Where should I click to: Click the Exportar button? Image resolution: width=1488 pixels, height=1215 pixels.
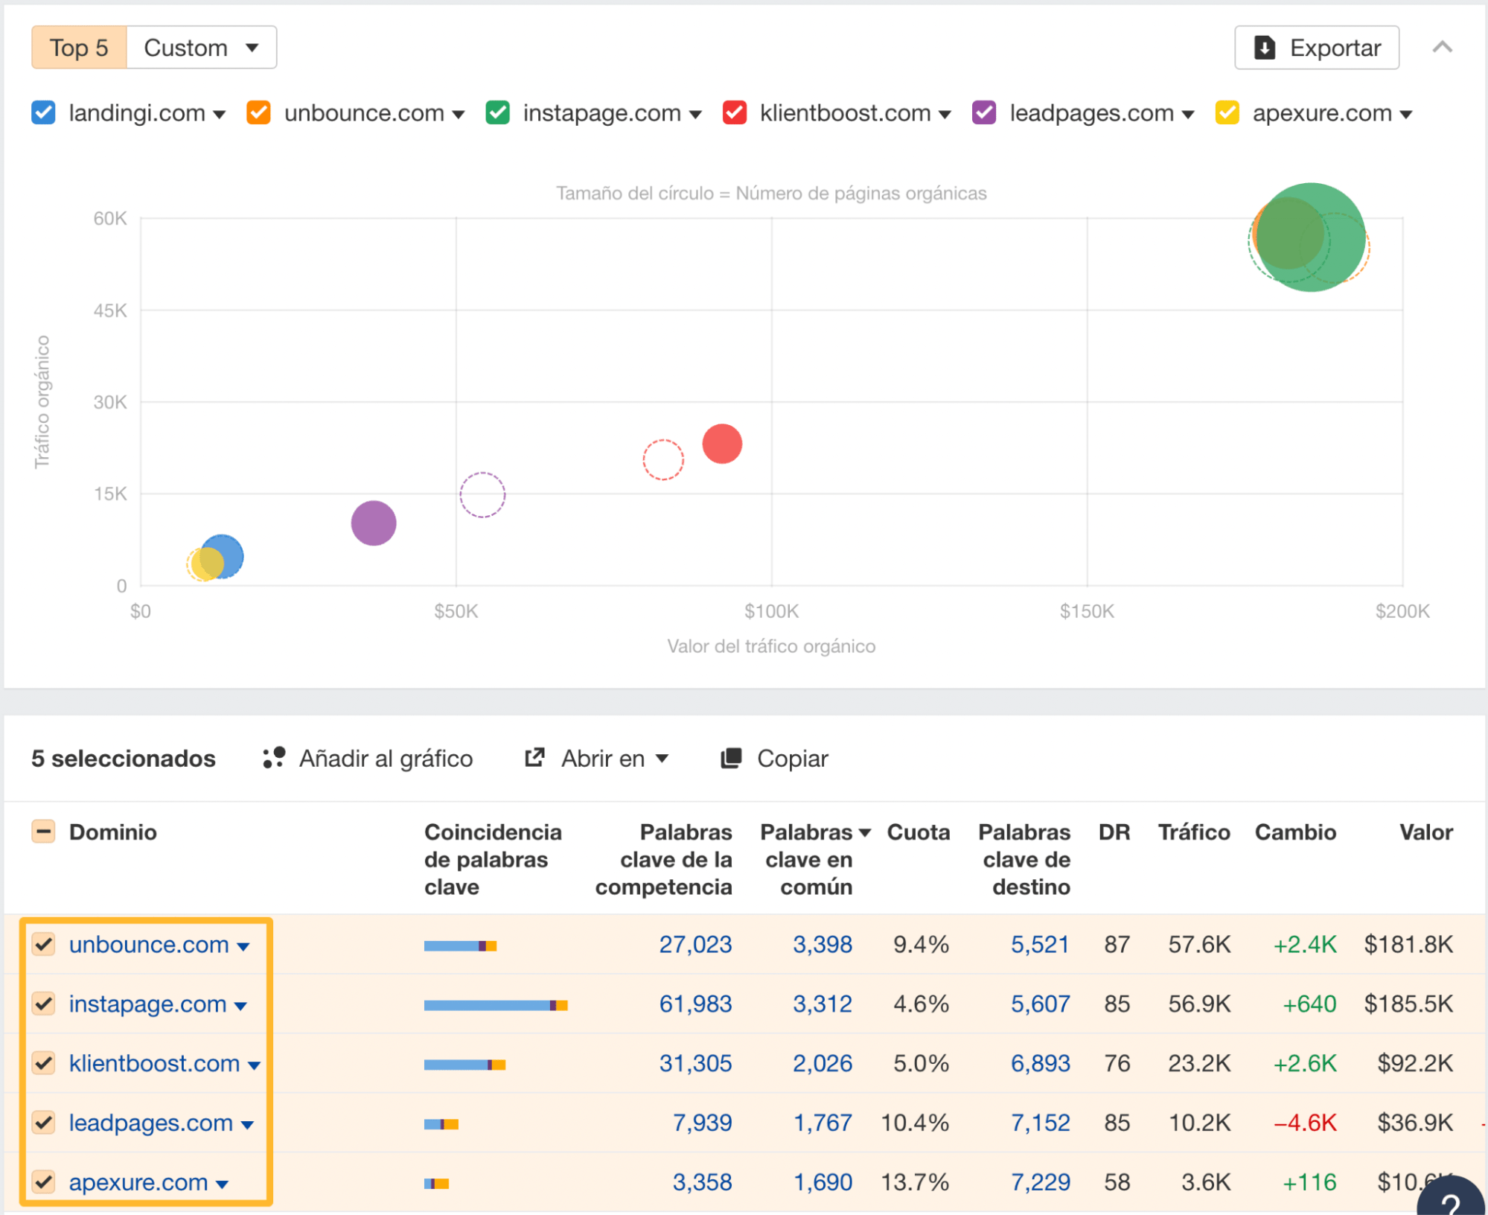pos(1316,48)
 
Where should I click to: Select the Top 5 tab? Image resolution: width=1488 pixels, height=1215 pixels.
pos(79,48)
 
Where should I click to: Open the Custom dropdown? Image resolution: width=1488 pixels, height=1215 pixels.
pos(201,48)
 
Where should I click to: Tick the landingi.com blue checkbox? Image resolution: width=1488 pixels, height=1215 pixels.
pos(43,113)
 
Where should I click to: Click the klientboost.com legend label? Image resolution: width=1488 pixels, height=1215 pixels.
pos(845,113)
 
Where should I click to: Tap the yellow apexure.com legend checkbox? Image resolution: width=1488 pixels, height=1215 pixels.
pos(1227,113)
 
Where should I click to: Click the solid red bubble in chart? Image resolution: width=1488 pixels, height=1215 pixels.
pos(722,444)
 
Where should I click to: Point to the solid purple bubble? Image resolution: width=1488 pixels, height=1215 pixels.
pos(374,523)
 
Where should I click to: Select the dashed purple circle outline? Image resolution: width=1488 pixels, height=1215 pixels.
pos(482,494)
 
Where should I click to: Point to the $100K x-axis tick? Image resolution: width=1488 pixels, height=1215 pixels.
pos(771,611)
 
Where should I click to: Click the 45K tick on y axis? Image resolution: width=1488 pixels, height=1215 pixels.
pos(110,310)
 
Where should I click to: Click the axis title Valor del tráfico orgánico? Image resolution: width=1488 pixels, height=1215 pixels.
pos(770,646)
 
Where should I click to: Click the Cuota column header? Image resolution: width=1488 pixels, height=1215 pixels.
pos(918,832)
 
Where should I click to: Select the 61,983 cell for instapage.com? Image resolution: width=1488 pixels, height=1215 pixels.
pos(695,1004)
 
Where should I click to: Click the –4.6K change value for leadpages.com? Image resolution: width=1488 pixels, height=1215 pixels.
pos(1305,1123)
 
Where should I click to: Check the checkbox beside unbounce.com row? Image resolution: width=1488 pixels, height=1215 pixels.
pos(44,944)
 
